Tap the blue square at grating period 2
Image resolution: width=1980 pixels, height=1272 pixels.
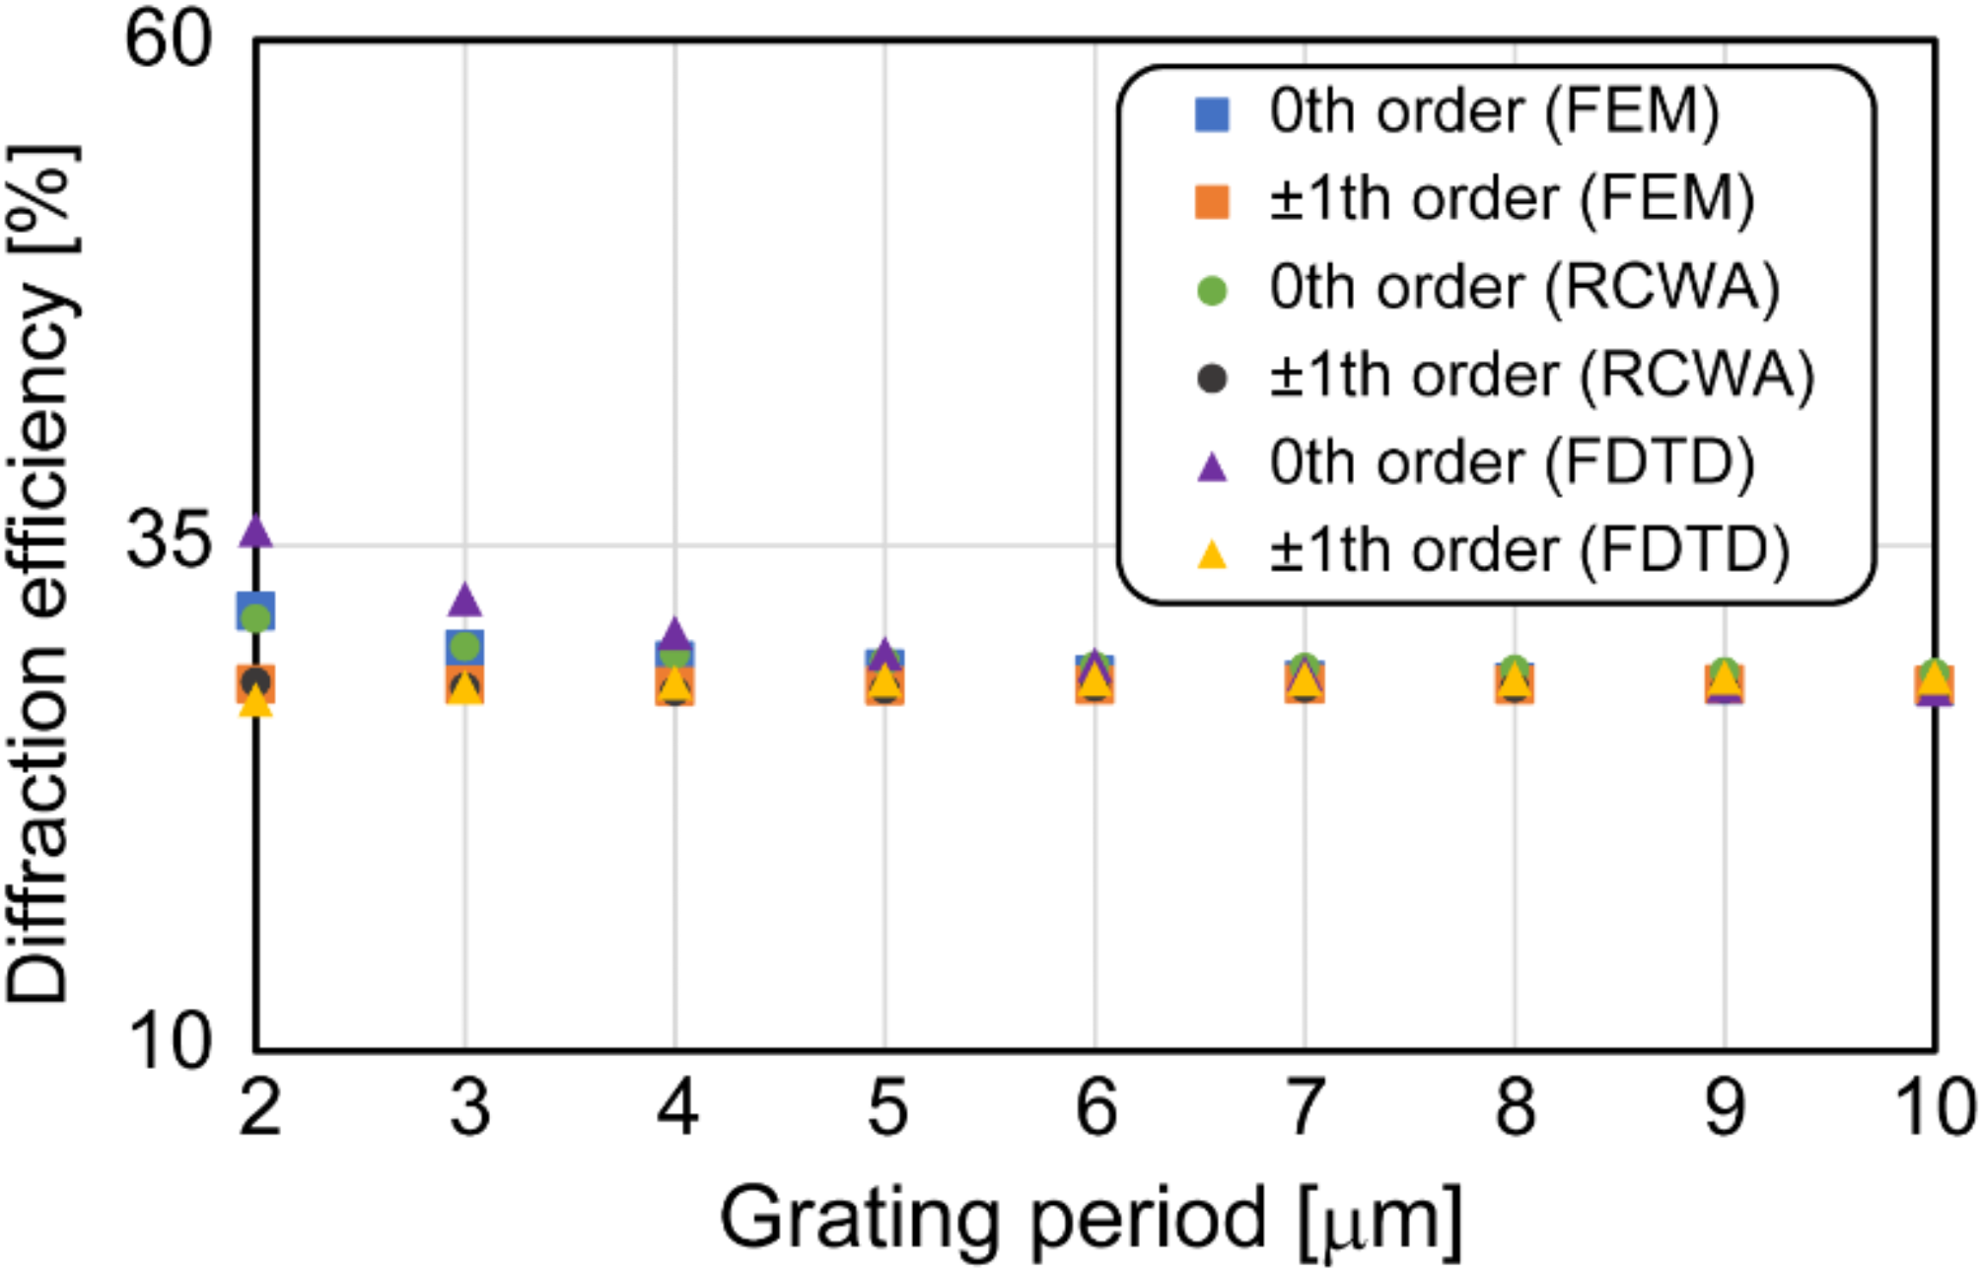255,611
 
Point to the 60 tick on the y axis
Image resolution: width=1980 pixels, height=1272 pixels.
168,41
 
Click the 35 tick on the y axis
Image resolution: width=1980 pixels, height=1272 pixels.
168,543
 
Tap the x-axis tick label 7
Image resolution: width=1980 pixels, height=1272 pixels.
1305,1108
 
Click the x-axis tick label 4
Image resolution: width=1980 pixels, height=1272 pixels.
676,1108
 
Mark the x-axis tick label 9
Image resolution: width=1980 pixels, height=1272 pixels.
1725,1108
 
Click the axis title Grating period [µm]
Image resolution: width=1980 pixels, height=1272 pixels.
1090,1220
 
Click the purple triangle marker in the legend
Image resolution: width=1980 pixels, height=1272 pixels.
1211,466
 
